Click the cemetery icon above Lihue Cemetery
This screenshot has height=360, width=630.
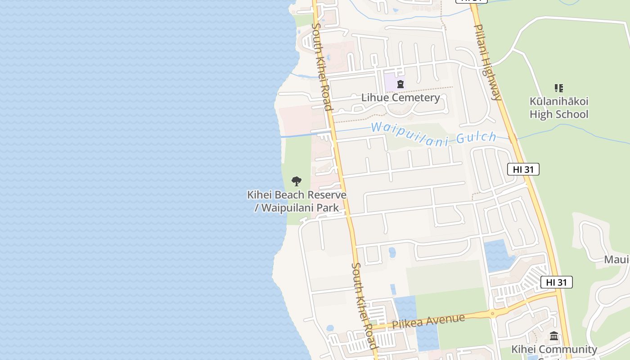click(x=400, y=84)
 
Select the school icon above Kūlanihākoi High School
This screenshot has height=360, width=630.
click(x=558, y=88)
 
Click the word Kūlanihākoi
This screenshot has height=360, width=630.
click(x=559, y=102)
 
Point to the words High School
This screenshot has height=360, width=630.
click(x=559, y=114)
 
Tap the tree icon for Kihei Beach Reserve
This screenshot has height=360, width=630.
click(x=296, y=181)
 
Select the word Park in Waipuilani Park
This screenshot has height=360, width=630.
click(x=328, y=208)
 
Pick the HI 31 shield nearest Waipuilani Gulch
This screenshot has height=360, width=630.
click(x=523, y=169)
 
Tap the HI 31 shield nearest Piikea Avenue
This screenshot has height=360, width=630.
click(x=556, y=282)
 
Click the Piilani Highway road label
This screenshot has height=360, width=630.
click(x=487, y=62)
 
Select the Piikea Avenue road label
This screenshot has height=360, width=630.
click(x=428, y=321)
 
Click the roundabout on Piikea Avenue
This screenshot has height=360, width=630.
click(x=493, y=314)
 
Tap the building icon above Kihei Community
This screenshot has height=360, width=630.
click(x=554, y=336)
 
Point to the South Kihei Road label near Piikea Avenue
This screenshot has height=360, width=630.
click(x=364, y=306)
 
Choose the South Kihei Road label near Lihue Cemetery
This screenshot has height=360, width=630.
click(x=322, y=67)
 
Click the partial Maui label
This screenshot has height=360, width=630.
click(x=616, y=260)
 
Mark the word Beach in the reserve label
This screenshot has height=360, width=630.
click(x=288, y=195)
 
